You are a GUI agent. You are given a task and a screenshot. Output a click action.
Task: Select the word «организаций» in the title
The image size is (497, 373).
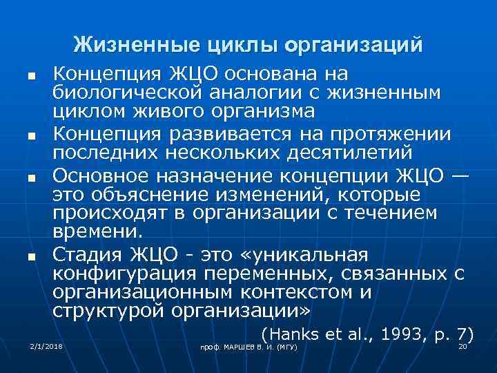tap(358, 45)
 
